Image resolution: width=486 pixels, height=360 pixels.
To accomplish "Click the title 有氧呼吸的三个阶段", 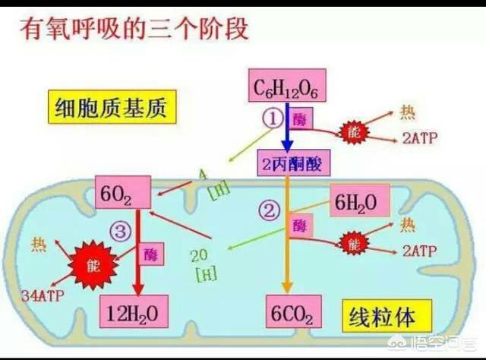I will tap(125, 31).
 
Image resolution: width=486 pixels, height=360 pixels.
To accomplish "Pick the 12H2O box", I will tap(134, 312).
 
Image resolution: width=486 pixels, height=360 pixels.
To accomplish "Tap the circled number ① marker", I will tap(272, 117).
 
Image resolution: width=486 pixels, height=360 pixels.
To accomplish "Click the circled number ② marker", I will tap(267, 210).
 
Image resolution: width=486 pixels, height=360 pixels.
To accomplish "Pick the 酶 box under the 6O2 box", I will tap(150, 250).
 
